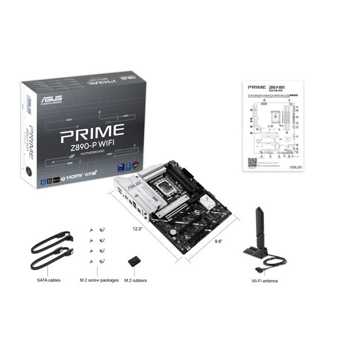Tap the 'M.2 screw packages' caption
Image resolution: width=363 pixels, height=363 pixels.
(99, 281)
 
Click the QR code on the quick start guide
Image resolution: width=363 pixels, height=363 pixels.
(252, 162)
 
